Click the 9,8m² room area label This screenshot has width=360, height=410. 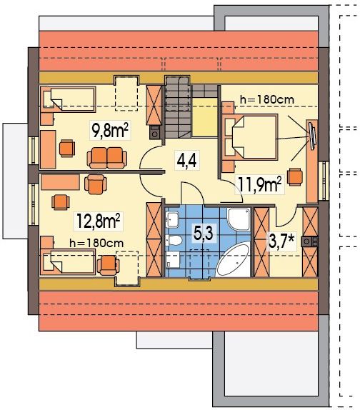110,130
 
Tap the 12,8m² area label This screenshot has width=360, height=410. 99,221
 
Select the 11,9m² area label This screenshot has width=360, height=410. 260,185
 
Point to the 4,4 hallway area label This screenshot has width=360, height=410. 186,160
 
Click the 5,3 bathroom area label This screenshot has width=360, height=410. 204,233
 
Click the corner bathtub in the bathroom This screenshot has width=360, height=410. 233,259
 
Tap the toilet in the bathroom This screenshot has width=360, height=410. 174,240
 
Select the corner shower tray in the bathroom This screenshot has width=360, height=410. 239,219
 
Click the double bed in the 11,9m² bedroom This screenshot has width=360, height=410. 249,137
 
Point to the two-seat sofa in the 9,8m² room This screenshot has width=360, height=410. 107,158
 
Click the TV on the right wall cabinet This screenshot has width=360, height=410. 312,136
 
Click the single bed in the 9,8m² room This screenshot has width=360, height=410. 68,99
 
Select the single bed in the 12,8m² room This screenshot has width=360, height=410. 68,262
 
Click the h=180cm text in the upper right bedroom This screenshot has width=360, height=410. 267,99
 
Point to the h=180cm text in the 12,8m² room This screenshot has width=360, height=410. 96,243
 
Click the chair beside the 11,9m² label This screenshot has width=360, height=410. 295,176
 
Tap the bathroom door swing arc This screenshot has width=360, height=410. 196,189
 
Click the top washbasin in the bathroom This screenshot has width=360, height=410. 172,219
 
